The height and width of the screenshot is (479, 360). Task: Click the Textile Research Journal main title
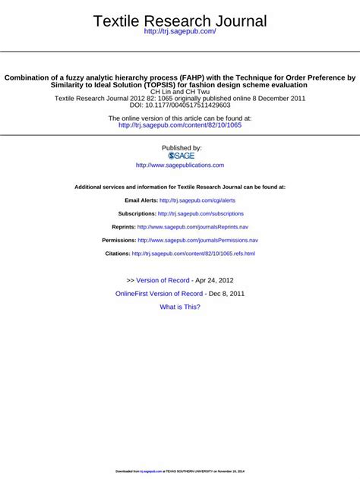click(x=180, y=21)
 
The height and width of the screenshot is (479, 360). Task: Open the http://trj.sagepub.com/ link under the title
click(x=180, y=32)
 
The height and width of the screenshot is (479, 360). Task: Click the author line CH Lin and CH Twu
click(x=180, y=92)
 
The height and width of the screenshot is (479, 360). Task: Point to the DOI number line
click(x=180, y=106)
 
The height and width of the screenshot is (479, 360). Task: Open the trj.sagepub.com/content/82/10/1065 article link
click(x=180, y=125)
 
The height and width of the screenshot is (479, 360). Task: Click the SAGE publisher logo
click(x=180, y=155)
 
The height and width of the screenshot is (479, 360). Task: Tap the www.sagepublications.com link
click(x=180, y=165)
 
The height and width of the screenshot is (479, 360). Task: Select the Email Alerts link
click(x=197, y=200)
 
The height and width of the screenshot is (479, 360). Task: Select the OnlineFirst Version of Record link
click(x=159, y=293)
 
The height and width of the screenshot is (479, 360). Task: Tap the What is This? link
click(x=180, y=307)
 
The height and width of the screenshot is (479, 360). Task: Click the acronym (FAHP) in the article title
click(x=197, y=77)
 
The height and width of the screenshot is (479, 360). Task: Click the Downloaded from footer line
click(x=180, y=471)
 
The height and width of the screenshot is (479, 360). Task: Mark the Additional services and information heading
click(x=180, y=187)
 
